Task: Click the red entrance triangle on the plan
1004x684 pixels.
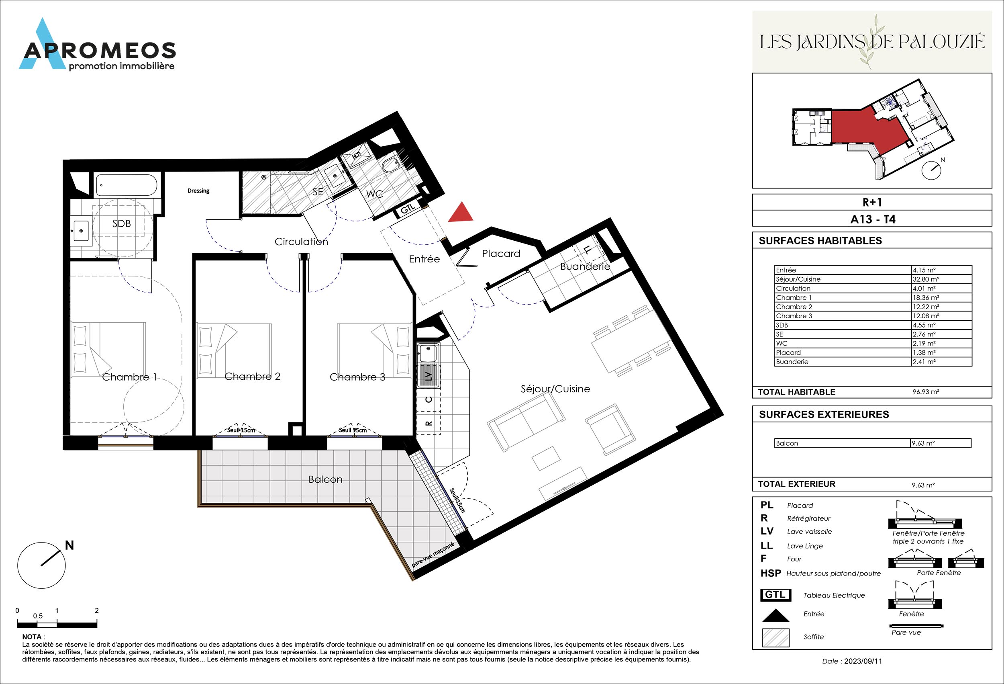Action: tap(461, 213)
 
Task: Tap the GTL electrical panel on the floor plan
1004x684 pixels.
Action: tap(408, 210)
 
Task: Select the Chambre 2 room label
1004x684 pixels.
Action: tap(252, 377)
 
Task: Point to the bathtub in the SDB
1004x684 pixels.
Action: tap(126, 186)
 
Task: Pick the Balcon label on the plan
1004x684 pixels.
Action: tap(325, 479)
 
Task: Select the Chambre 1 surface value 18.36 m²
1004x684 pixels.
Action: tap(925, 297)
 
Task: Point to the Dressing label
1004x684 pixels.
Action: tap(198, 190)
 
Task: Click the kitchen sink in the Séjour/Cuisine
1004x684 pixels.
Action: tap(428, 353)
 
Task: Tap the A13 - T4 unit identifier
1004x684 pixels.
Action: tap(873, 219)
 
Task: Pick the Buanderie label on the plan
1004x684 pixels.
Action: tap(585, 266)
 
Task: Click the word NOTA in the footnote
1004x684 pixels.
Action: tap(32, 637)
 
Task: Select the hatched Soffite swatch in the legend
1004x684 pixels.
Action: tap(775, 638)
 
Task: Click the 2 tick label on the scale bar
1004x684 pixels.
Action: tap(97, 610)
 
